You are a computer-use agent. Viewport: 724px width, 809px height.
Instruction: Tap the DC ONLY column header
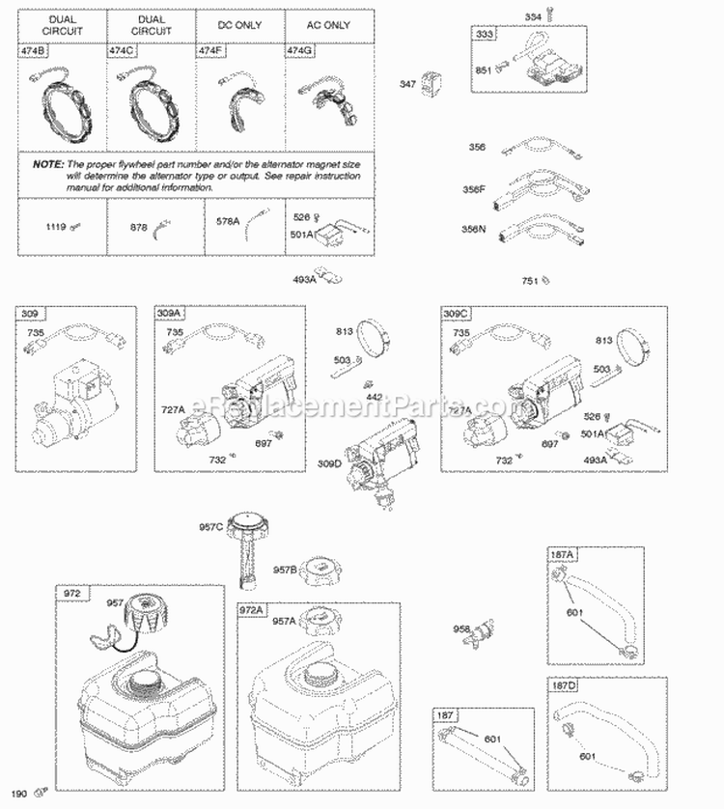point(239,24)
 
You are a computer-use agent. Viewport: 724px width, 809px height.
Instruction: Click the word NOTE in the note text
point(48,165)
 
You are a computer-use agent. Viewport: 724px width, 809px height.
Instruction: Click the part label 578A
point(228,221)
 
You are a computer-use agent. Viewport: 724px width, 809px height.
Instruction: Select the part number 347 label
point(408,85)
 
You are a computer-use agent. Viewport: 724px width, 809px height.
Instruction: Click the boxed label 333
point(484,35)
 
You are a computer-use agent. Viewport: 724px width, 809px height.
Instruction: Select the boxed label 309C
point(457,314)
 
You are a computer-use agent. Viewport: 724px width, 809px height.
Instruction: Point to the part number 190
point(17,794)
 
